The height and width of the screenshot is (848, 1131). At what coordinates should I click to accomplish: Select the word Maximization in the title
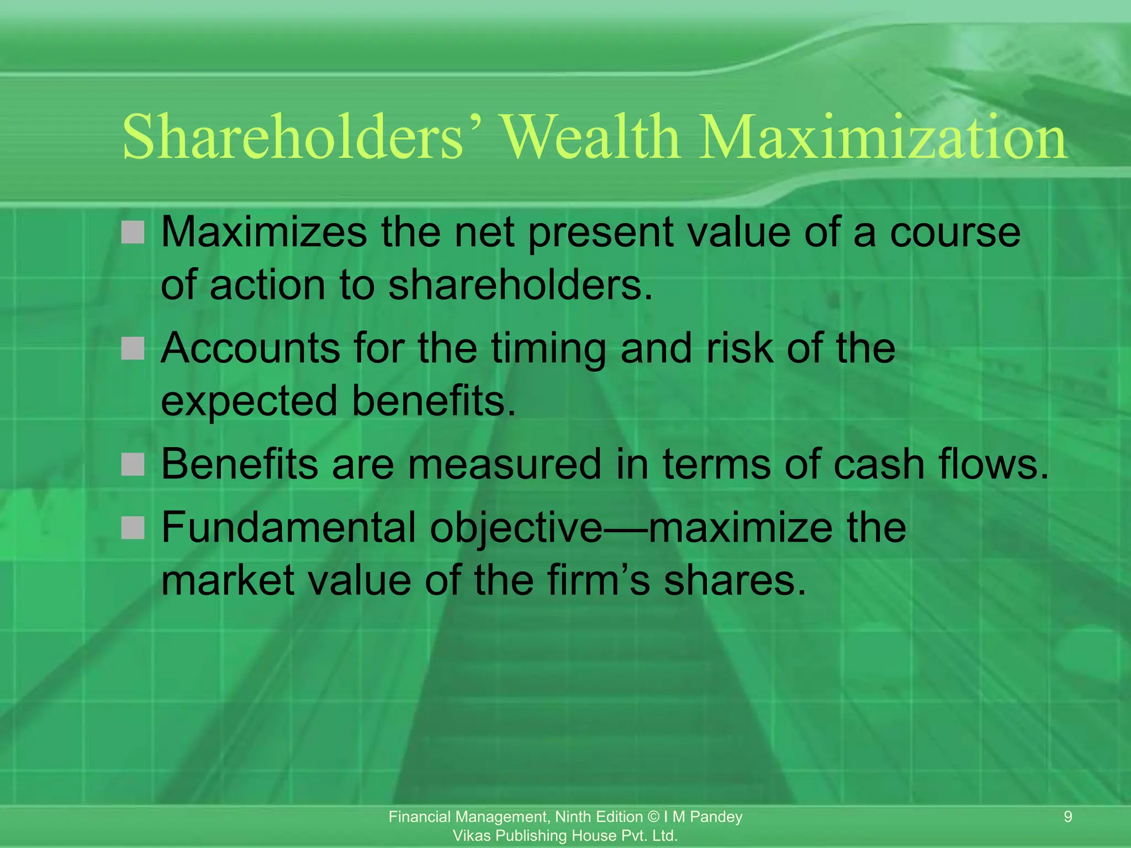click(882, 137)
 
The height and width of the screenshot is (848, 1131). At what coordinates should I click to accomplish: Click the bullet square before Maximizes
click(133, 232)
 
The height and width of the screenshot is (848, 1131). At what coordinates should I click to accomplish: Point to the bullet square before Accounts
click(133, 348)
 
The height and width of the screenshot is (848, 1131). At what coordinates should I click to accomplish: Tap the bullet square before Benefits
click(133, 464)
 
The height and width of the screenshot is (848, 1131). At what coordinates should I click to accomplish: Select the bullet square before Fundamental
click(133, 528)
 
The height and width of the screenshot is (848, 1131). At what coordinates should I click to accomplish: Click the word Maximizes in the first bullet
click(263, 232)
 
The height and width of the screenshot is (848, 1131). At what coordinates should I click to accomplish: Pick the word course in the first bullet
click(955, 232)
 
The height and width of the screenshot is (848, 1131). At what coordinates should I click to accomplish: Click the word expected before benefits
click(249, 401)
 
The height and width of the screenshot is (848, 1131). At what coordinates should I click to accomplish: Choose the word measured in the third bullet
click(504, 464)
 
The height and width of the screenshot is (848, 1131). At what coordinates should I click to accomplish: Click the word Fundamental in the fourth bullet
click(288, 528)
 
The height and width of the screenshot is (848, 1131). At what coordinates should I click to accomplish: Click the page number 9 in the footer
click(1067, 817)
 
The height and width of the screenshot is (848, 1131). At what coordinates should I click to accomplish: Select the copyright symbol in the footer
click(653, 817)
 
